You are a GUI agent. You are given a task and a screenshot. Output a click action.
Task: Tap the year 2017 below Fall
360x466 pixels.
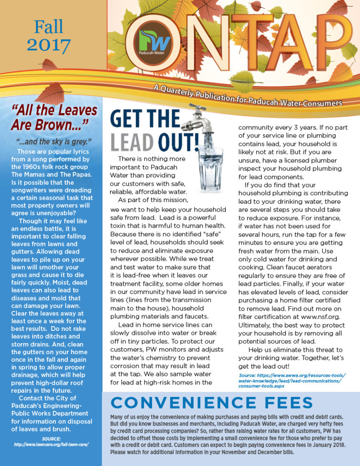pyautogui.click(x=49, y=45)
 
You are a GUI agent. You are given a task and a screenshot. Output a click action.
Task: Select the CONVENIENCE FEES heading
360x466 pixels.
pyautogui.click(x=212, y=402)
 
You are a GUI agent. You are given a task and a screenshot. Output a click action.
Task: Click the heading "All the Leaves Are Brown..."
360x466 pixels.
pyautogui.click(x=54, y=117)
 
